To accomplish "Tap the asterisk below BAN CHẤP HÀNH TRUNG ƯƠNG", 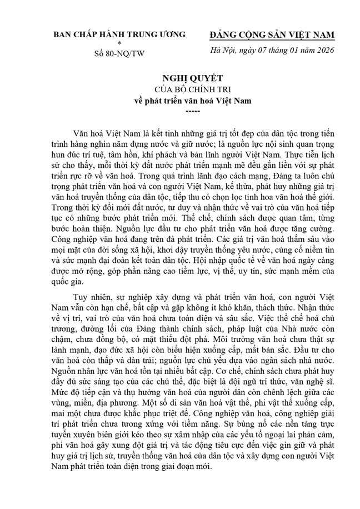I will [118, 43].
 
